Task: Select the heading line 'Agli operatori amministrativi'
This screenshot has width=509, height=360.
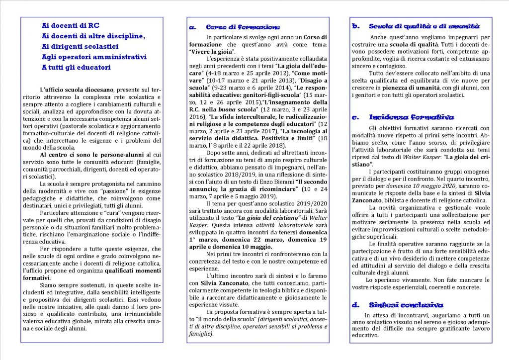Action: tap(94, 57)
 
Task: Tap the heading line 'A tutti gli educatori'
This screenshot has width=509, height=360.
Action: tap(76, 67)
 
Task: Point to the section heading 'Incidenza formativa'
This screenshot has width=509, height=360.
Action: tap(411, 117)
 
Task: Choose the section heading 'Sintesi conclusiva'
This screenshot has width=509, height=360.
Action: tap(406, 305)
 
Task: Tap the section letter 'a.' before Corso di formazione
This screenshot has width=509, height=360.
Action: tap(193, 27)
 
